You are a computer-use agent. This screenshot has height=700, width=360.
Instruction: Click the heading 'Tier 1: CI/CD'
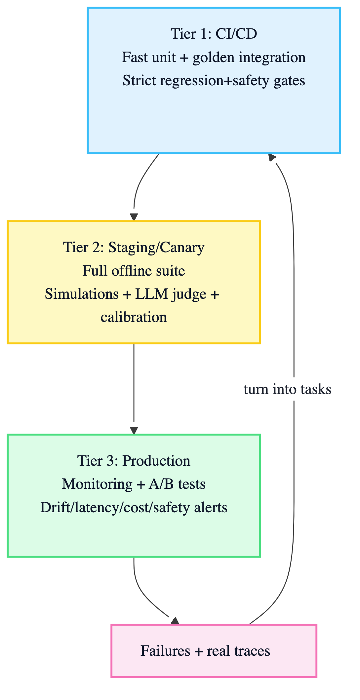coord(214,34)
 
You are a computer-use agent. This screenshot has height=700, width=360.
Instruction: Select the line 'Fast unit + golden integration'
coord(214,58)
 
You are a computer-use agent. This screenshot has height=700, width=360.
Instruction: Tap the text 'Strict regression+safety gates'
coord(214,81)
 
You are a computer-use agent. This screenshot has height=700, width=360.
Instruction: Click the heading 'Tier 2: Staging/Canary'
coord(134,248)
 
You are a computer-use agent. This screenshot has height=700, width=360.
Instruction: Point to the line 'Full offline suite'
coord(134,271)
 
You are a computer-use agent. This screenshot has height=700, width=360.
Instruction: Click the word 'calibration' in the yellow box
coord(134,317)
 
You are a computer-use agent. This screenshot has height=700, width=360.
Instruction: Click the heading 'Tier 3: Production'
coord(134,461)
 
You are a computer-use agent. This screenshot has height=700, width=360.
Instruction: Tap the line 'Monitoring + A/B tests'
coord(134,484)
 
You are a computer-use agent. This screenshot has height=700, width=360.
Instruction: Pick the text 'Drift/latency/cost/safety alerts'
coord(134,507)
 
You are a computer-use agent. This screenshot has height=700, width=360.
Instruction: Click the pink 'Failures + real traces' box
coord(214,651)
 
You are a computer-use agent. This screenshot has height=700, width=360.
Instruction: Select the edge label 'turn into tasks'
coord(287,390)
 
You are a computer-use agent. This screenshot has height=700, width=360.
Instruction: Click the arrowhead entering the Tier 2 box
coord(134,217)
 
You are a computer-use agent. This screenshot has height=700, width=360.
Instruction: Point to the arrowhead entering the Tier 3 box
coord(134,430)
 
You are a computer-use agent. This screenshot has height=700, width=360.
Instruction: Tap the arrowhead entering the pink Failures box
coord(175,621)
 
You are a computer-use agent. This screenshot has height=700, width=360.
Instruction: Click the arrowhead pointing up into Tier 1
coord(272,158)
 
